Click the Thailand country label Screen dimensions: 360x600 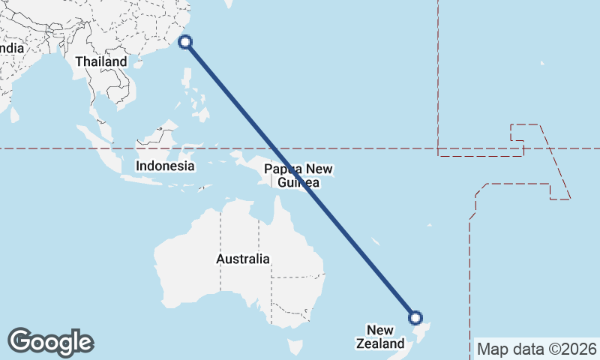100,61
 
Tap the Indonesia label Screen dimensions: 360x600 165,166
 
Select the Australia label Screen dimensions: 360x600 242,259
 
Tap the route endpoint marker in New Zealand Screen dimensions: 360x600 415,318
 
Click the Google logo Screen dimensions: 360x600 50,341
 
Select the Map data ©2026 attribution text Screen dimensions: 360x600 537,349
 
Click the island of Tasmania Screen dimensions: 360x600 295,346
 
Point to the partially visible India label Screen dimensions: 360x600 12,48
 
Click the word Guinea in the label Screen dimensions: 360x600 298,183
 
